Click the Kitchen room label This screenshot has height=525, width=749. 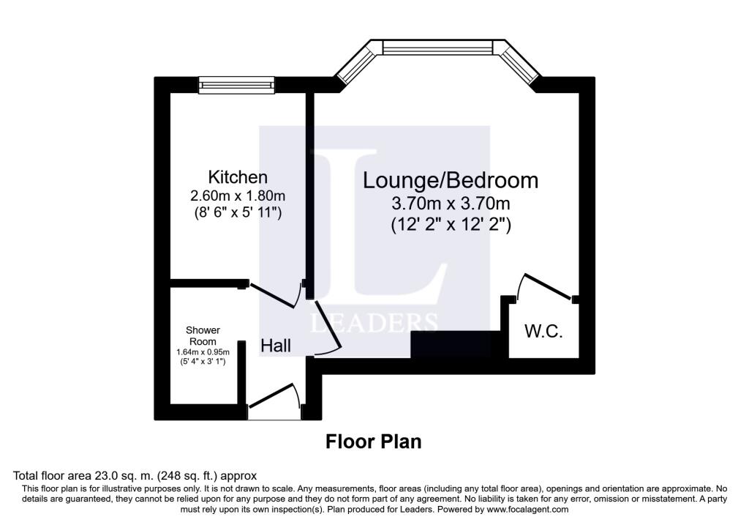238,177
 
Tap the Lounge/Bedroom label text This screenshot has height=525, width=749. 451,180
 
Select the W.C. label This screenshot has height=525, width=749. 543,331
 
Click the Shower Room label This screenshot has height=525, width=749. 203,336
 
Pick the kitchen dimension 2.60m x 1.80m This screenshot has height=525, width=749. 238,196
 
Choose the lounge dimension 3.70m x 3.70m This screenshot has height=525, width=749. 451,204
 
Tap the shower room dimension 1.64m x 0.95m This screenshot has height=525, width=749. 203,352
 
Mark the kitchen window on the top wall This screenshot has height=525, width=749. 238,85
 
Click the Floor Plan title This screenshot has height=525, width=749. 373,442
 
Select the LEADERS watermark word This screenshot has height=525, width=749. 374,322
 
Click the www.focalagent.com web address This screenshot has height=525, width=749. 521,509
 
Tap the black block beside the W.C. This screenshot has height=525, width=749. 459,344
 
